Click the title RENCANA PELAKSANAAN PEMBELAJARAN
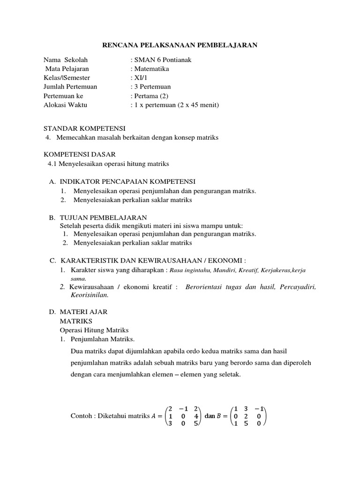click(180, 45)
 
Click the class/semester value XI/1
click(140, 78)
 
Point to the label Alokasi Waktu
click(65, 105)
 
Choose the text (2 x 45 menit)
click(198, 105)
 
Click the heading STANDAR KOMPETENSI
click(84, 128)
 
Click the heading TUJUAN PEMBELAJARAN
click(103, 217)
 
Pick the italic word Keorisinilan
click(90, 295)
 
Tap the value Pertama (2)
click(151, 96)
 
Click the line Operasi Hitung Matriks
click(94, 330)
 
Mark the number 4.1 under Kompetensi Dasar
click(52, 164)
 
